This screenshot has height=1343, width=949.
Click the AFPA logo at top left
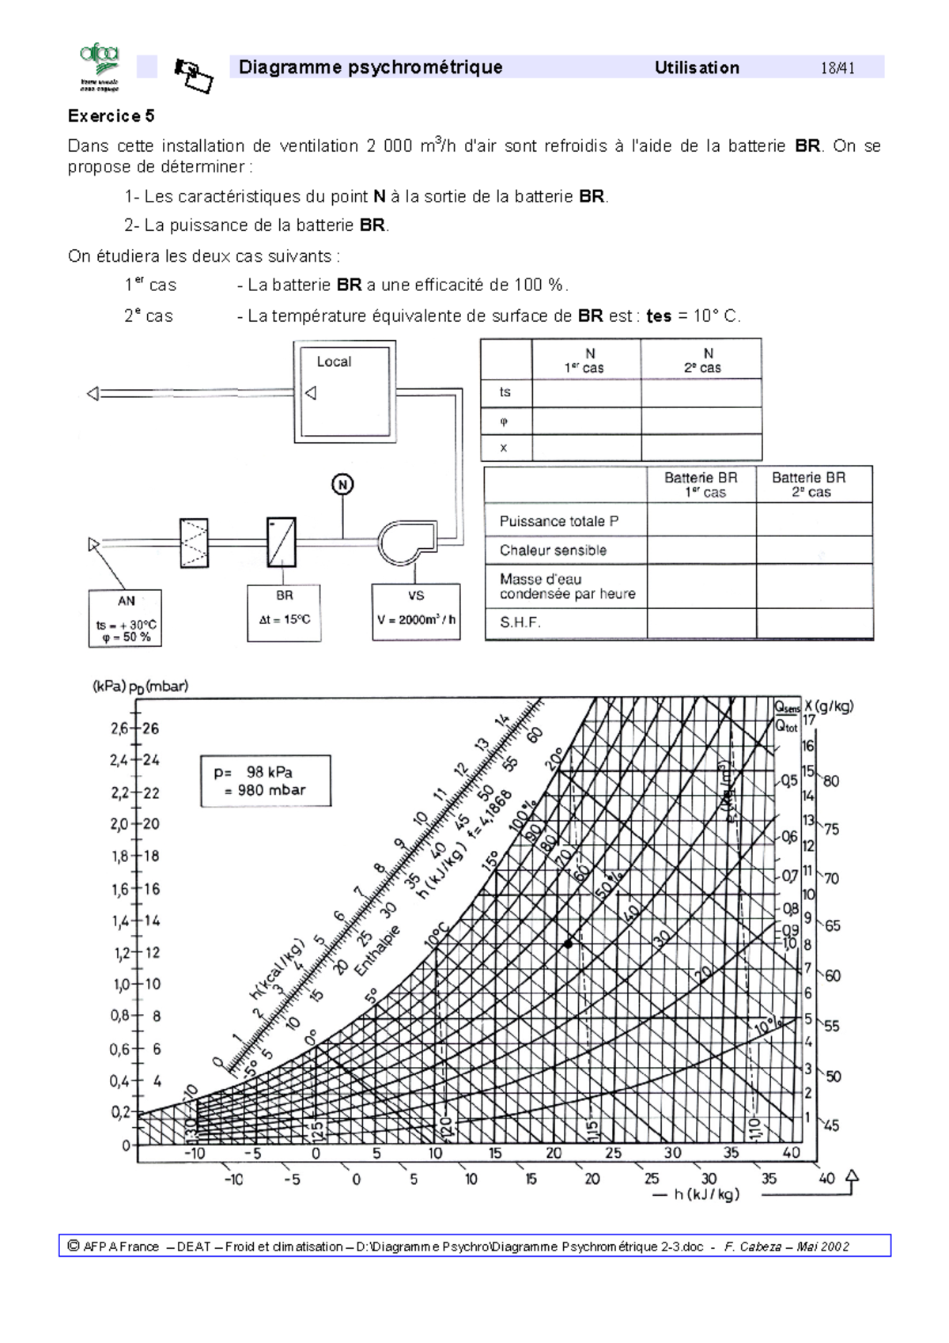coord(99,67)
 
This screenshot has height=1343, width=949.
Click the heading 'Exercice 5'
coord(111,116)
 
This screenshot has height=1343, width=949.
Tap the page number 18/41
coord(837,68)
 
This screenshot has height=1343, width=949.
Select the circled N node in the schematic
coord(342,484)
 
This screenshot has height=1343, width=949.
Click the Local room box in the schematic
coord(345,390)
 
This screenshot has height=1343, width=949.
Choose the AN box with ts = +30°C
coord(126,619)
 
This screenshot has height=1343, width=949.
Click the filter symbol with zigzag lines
coord(194,543)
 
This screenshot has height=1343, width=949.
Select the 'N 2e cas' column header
coord(701,360)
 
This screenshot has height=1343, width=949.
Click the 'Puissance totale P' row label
coord(559,521)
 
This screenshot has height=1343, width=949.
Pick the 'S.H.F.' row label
coord(520,622)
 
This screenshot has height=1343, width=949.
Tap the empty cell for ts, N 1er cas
coord(586,392)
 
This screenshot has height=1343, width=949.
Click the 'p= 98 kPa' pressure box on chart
coord(266,781)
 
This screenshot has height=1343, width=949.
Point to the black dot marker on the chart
coord(568,944)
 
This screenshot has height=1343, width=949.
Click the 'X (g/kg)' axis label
coord(830,706)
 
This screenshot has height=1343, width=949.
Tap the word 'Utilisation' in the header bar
coord(697,68)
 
